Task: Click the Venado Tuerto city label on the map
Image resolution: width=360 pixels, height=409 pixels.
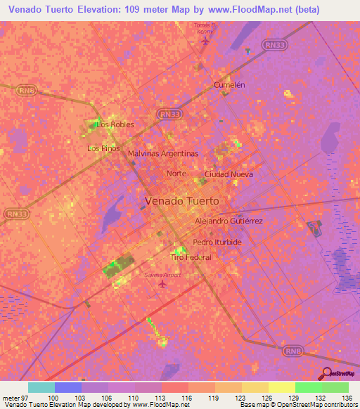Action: tap(181, 200)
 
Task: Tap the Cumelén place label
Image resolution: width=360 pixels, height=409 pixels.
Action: tap(229, 84)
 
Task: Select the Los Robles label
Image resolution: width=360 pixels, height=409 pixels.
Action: tap(115, 124)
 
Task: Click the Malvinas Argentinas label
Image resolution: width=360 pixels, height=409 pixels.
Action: tap(163, 152)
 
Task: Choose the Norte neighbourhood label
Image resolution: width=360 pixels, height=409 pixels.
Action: tap(176, 174)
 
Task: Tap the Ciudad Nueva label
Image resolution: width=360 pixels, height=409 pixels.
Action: tap(228, 174)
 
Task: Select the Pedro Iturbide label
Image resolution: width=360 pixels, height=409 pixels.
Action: tap(217, 242)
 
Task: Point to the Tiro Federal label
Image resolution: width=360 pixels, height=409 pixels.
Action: tap(191, 257)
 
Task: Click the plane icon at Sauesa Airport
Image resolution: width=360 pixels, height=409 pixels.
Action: tap(164, 284)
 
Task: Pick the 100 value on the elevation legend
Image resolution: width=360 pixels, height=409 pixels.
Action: tap(53, 397)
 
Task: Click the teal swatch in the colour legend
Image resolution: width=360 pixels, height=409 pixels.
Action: tap(41, 387)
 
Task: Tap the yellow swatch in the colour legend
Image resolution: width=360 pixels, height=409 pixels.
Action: tap(282, 387)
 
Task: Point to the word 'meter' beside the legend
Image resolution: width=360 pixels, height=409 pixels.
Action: tap(11, 397)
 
